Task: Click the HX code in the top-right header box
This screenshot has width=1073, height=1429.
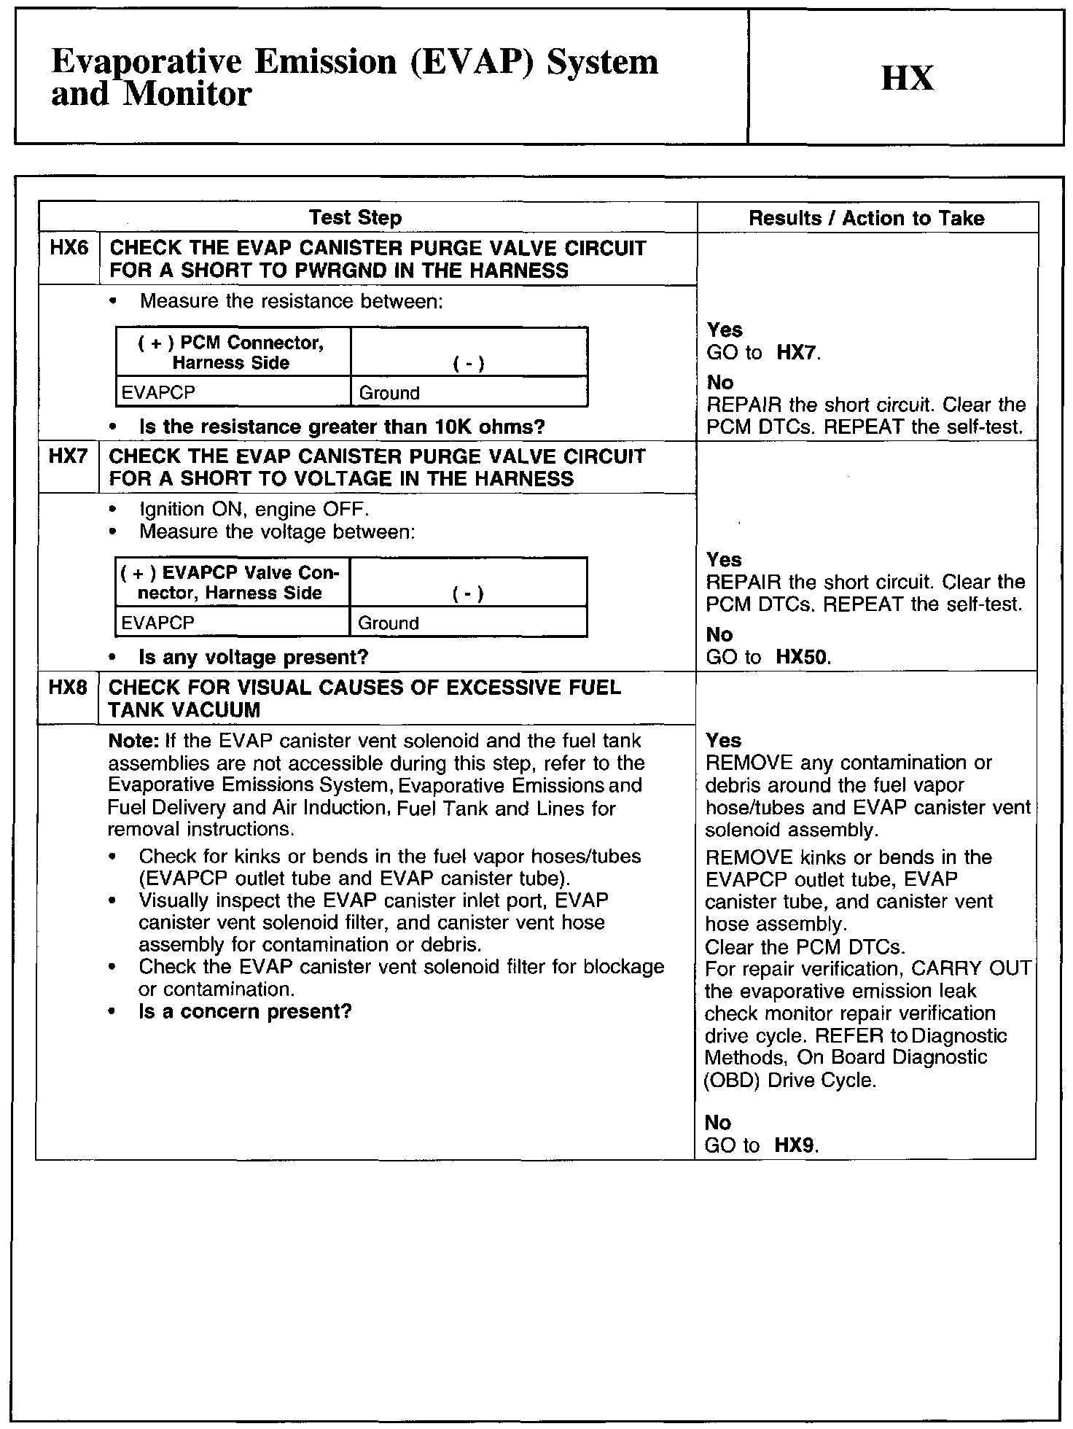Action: pos(907,78)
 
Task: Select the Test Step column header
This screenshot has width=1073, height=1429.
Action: pos(355,217)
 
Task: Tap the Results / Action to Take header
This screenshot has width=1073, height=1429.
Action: pos(867,217)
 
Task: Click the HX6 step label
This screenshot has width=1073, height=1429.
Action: pos(69,249)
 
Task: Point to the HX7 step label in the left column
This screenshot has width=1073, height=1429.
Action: pos(68,457)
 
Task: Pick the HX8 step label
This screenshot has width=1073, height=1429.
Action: pos(68,688)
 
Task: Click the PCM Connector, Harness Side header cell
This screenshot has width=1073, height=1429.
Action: pos(232,352)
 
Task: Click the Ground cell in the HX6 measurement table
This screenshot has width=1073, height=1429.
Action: pos(390,393)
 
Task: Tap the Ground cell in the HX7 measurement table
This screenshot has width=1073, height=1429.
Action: pos(389,623)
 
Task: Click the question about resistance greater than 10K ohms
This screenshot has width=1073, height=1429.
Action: pos(342,427)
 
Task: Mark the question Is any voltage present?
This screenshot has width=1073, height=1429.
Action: pos(254,657)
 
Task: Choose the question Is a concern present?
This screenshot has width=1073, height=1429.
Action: pos(245,1011)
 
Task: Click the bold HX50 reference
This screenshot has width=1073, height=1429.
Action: pos(803,657)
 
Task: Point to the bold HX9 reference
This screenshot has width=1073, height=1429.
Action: pos(795,1145)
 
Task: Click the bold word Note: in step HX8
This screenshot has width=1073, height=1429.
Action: pos(133,741)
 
